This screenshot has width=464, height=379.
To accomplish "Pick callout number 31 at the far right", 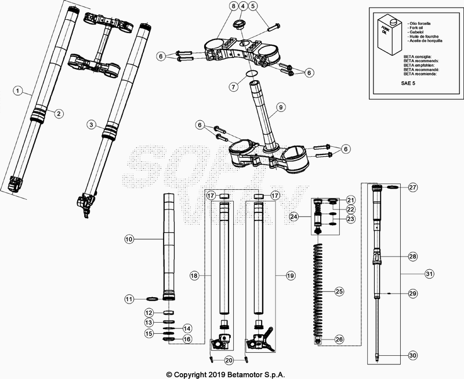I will coord(429,273).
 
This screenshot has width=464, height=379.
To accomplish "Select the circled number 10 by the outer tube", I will coord(129,239).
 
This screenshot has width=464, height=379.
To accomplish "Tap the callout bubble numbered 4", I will coord(243,6).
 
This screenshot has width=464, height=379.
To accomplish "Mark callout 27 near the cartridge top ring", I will coord(412,187).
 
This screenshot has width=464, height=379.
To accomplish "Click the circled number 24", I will coord(294,216).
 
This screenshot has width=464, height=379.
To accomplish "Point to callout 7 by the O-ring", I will coord(233,87).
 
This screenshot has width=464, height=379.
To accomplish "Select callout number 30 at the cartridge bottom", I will coord(412,355).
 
